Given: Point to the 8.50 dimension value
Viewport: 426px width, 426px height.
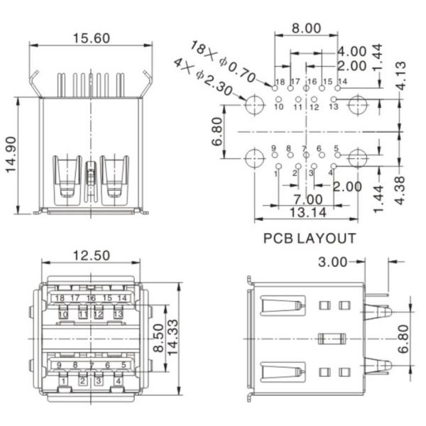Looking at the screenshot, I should [160, 339].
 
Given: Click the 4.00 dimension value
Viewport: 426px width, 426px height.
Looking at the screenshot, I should [352, 52].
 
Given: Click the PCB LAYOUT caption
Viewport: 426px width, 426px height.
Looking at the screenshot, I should [310, 239].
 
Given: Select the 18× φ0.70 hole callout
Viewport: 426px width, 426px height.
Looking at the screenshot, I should [225, 61].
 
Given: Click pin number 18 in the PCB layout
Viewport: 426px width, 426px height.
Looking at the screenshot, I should [280, 82].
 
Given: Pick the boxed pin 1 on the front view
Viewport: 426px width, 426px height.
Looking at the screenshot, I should [64, 381].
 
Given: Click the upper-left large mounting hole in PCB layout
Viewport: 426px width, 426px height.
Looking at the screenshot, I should [253, 106].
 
